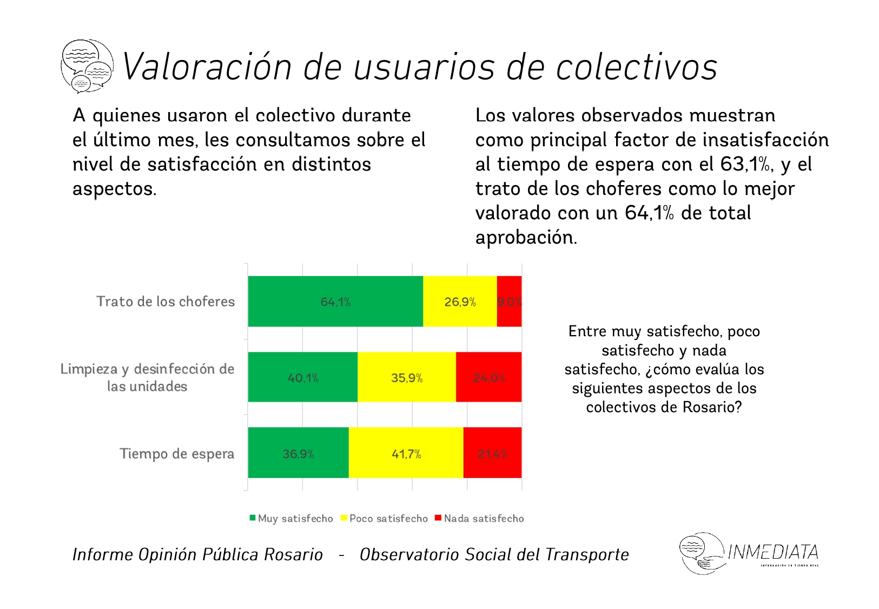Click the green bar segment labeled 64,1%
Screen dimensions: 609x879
(x=335, y=302)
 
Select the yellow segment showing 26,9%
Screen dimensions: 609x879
(x=460, y=302)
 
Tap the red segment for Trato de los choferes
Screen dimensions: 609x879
(x=509, y=302)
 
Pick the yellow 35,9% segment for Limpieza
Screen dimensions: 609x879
(x=407, y=377)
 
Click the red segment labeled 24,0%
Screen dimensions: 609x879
(x=489, y=377)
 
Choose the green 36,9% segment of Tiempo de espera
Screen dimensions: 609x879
(x=298, y=453)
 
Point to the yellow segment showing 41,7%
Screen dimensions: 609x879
(x=406, y=453)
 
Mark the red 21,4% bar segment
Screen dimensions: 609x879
(x=492, y=453)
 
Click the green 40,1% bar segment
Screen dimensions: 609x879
(x=303, y=377)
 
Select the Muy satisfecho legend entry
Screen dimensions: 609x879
(x=292, y=519)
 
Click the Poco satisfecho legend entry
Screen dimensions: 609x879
(x=384, y=519)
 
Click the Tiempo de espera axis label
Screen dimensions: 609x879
(x=177, y=454)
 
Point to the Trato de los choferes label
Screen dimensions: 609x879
(x=166, y=302)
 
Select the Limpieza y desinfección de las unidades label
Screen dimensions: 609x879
(x=147, y=377)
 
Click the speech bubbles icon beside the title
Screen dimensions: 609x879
(x=87, y=66)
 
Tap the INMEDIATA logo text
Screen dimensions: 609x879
(x=773, y=552)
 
